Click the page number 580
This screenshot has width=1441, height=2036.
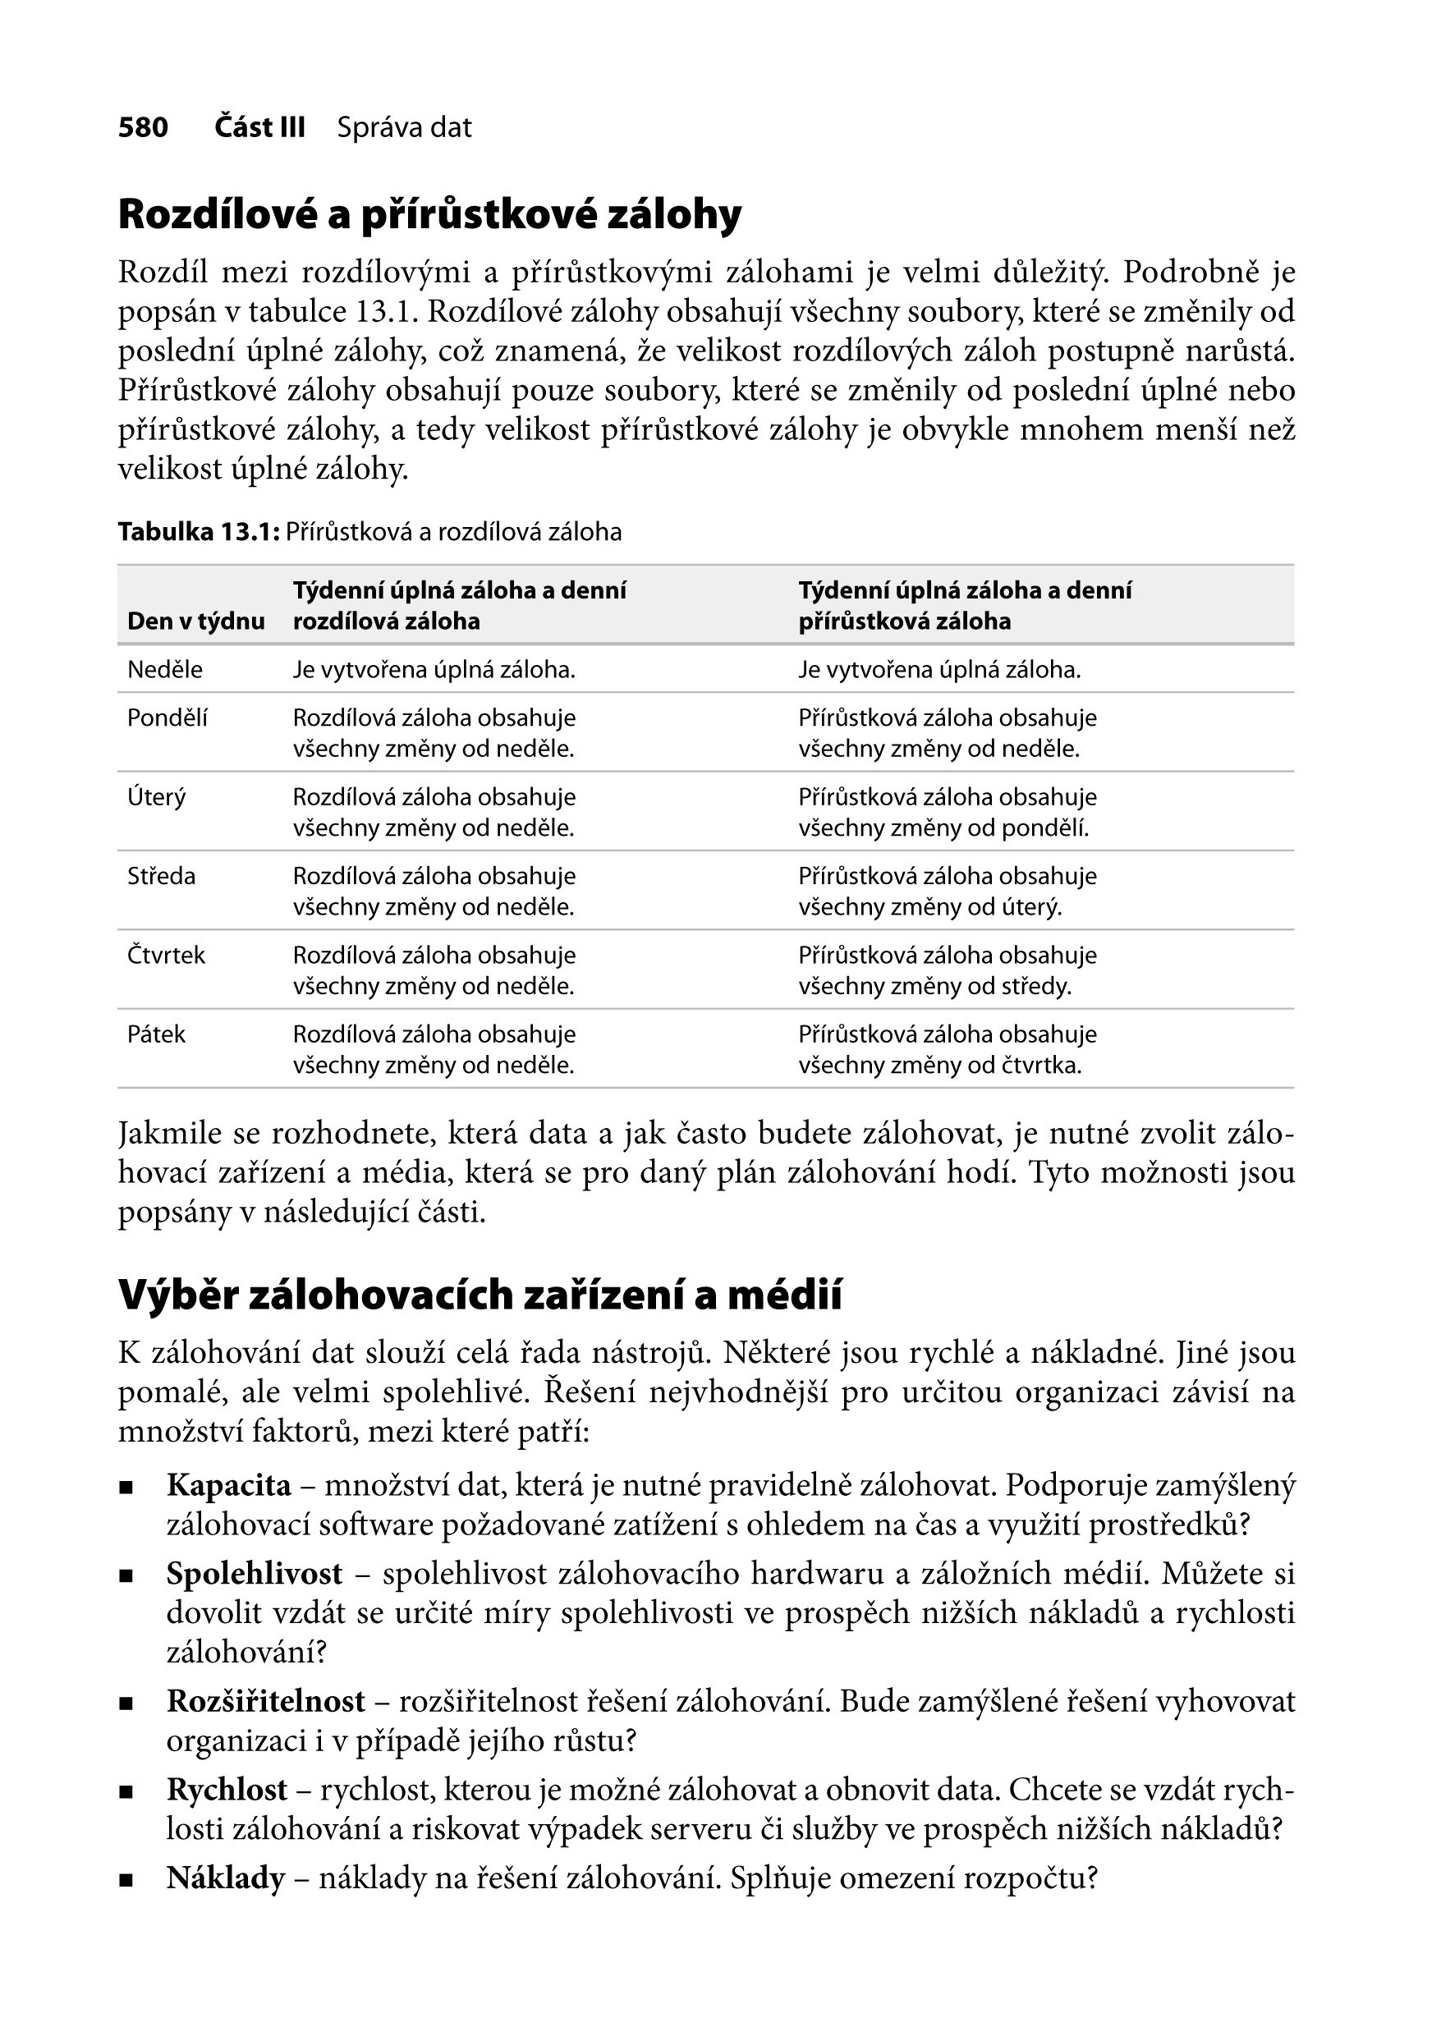click(143, 128)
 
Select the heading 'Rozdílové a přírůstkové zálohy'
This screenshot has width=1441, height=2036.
click(429, 215)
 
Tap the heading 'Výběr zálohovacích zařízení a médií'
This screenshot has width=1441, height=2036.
click(480, 1295)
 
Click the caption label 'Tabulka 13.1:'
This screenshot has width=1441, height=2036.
click(199, 532)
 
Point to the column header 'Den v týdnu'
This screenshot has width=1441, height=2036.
click(196, 621)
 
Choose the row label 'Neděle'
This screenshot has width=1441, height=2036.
click(165, 670)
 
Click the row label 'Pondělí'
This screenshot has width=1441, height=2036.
click(168, 718)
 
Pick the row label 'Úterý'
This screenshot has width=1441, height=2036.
click(157, 796)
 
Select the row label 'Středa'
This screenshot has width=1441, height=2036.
click(162, 877)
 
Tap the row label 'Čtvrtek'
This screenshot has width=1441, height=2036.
click(166, 956)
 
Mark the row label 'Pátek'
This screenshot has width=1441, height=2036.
click(156, 1034)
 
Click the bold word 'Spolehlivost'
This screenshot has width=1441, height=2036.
click(255, 1574)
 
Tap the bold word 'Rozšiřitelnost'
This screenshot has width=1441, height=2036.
click(266, 1702)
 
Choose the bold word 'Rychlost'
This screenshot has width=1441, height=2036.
click(227, 1791)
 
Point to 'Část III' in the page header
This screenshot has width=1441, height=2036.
click(260, 128)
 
